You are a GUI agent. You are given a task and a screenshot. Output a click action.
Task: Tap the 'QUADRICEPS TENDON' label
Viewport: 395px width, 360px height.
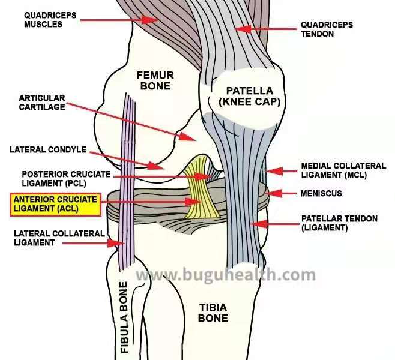[x=326, y=29]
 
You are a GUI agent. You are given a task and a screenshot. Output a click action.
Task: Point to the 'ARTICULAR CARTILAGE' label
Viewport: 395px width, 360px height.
[x=42, y=103]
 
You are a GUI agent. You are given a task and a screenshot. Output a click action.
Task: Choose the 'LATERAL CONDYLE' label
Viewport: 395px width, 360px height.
[x=48, y=149]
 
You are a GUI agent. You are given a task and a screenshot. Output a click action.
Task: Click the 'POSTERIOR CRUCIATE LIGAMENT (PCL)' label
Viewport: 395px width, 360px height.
[x=58, y=177]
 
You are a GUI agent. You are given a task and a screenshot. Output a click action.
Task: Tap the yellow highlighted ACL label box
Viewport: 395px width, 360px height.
[x=55, y=204]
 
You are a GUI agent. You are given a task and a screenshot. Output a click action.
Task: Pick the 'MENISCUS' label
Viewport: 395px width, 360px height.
[x=321, y=194]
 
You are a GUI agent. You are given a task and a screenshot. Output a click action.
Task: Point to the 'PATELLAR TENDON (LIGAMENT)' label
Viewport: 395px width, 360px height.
[x=339, y=223]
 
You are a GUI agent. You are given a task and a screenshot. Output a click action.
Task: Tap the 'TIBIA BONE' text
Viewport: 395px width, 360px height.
[x=213, y=313]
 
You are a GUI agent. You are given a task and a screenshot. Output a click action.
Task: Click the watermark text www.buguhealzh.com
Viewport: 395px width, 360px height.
[x=225, y=275]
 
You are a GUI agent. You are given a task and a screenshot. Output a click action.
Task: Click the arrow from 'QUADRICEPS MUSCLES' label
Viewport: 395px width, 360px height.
[x=117, y=20]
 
